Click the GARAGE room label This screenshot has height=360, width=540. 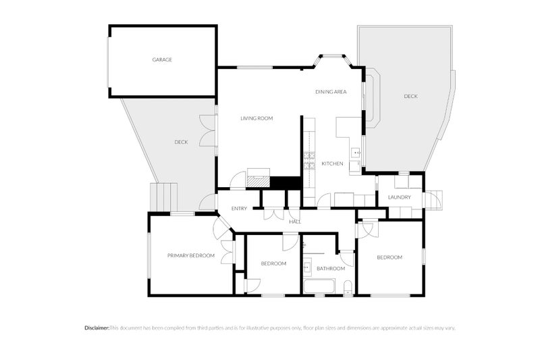pos(162,59)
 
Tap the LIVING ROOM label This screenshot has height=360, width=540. pos(256,118)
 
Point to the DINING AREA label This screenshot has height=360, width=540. pos(331,92)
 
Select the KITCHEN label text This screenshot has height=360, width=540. pos(332,163)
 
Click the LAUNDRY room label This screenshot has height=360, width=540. pos(400,197)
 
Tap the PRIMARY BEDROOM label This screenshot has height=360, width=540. pos(191,255)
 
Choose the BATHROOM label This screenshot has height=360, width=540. pos(331,269)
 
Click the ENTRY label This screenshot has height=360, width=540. pos(239,209)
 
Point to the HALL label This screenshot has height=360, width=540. pos(295,222)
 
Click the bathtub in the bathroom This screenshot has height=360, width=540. pos(319,286)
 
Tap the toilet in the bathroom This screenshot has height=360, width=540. pos(348,288)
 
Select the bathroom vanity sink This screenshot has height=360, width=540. pos(307,267)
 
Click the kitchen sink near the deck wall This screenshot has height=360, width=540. pos(356,152)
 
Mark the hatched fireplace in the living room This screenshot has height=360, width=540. pos(259,182)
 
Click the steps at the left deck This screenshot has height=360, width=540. pos(163,197)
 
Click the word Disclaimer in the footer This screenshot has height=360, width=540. pos(97,328)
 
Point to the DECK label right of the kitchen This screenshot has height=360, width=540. pos(410,97)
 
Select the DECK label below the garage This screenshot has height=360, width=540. pos(181,142)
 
